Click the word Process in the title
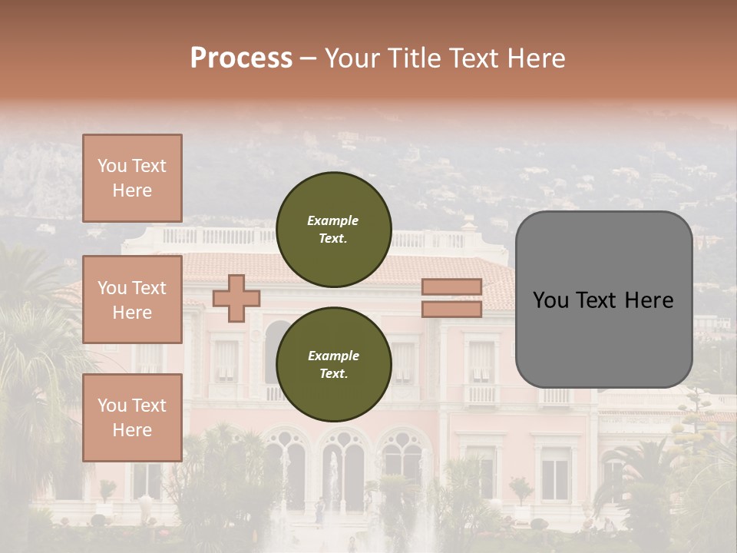pos(241,58)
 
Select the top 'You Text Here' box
pos(132,178)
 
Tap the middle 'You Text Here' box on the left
pos(132,300)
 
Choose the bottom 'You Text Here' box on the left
pos(132,417)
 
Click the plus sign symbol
pos(236,298)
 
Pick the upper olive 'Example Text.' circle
pos(333,230)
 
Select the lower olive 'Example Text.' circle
pos(333,365)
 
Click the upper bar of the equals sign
pos(451,287)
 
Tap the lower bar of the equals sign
pos(451,309)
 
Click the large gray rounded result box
pos(603,300)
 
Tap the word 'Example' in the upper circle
pos(333,221)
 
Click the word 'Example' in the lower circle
pos(333,356)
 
